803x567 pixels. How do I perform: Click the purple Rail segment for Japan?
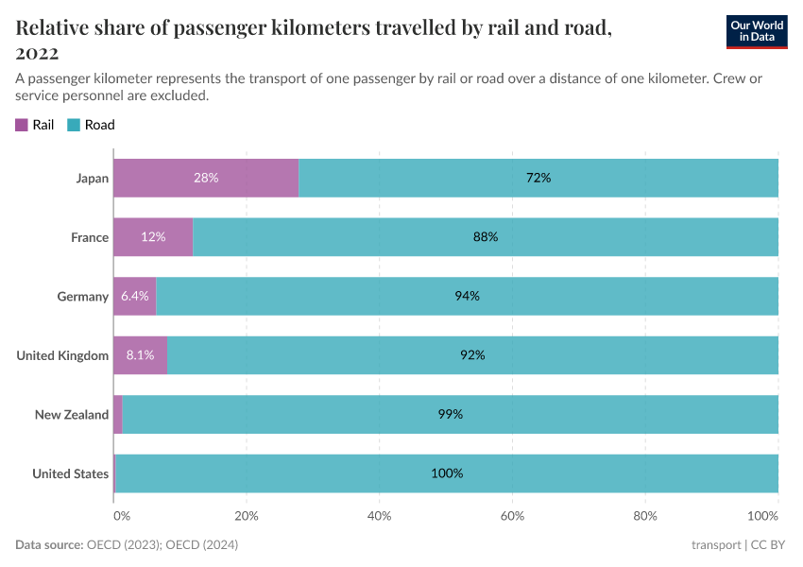206,178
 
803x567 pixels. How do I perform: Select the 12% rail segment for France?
153,237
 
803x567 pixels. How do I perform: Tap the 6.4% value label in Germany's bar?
134,296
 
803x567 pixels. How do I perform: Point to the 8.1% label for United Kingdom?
140,355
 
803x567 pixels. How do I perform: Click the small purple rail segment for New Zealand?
118,414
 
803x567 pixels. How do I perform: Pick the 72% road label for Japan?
538,178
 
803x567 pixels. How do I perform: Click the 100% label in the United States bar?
447,473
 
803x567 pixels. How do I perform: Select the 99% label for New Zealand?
451,414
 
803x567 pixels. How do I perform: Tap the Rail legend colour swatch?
22,125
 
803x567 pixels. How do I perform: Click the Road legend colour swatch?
74,125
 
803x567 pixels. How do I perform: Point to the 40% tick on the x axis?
379,516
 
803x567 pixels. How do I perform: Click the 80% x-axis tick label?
644,516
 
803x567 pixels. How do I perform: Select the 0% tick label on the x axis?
121,516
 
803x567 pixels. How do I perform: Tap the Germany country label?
83,297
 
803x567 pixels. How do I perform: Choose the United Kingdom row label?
62,355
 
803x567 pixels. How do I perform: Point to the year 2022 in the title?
37,52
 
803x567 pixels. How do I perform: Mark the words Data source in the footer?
48,545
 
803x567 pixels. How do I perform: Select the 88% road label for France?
486,237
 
